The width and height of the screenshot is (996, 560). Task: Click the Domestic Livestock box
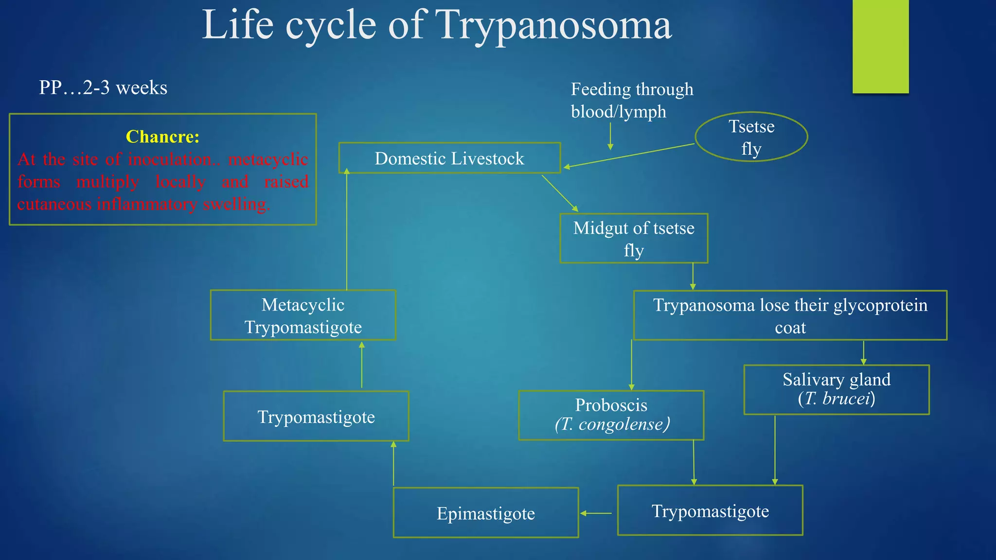[449, 158]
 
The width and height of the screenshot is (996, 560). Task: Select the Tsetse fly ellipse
[751, 137]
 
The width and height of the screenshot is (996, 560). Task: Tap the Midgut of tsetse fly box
[634, 239]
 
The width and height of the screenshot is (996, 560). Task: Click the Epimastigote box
[485, 513]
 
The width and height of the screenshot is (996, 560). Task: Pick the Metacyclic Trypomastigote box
[303, 315]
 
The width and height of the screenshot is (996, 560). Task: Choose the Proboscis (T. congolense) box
[611, 415]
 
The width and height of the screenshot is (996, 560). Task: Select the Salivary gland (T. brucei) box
[836, 389]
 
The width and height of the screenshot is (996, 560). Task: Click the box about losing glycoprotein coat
[790, 315]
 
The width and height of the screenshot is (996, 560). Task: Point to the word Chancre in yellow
[162, 137]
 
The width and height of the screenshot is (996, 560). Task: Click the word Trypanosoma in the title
[553, 25]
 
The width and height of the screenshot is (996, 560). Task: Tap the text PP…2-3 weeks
[103, 88]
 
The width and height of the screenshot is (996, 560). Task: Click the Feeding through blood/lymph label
[631, 100]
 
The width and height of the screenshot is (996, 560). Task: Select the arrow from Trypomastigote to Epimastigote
[596, 513]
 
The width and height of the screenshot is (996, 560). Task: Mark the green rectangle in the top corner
[880, 46]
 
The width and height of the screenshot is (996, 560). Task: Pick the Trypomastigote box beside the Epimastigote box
[710, 510]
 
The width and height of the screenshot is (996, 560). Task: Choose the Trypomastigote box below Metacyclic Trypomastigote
[316, 417]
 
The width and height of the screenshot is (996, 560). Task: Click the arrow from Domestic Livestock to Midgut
[560, 193]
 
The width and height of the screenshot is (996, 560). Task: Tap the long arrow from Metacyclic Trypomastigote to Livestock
[347, 228]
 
